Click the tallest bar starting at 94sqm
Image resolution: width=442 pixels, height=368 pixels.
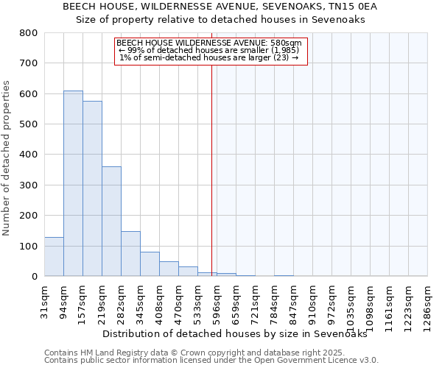click(x=73, y=183)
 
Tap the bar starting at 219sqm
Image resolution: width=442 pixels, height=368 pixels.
click(x=111, y=221)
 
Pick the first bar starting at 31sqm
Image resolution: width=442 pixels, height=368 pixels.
click(x=54, y=257)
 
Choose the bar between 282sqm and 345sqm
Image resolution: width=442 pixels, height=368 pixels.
click(x=130, y=254)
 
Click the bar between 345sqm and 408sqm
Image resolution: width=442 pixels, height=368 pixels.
click(x=150, y=264)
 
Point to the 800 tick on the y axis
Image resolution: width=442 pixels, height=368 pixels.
click(x=28, y=33)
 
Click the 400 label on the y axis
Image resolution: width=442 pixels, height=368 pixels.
click(x=28, y=155)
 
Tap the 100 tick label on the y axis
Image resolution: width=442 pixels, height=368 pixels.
click(x=28, y=246)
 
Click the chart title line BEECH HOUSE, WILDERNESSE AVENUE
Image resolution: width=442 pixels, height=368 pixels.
click(x=220, y=7)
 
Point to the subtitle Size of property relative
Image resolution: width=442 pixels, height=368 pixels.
click(x=221, y=20)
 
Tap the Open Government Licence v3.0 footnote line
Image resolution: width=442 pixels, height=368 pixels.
click(x=211, y=361)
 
